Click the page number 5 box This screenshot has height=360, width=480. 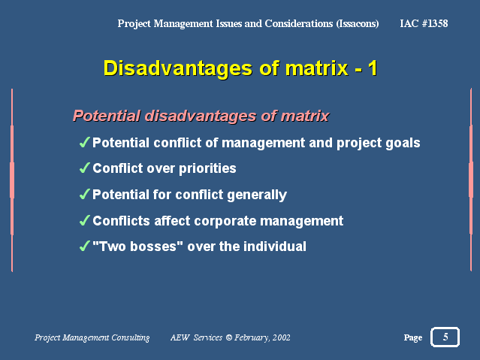tap(445, 337)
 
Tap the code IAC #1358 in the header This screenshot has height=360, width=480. tap(424, 23)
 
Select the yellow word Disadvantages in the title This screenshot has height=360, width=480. tap(178, 68)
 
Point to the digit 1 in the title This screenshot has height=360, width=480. tap(373, 68)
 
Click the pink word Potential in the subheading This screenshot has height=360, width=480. tap(107, 116)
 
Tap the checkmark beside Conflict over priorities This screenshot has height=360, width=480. tap(84, 168)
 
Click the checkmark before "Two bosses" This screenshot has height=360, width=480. tap(84, 246)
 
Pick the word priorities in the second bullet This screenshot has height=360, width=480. tap(207, 168)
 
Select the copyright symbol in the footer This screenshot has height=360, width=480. tap(228, 337)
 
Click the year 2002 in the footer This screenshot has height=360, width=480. tap(282, 337)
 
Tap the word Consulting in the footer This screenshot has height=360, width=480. tap(131, 337)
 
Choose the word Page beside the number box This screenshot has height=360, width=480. tap(413, 337)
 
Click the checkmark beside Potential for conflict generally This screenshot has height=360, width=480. tap(84, 194)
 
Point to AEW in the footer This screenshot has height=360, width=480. tap(180, 337)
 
